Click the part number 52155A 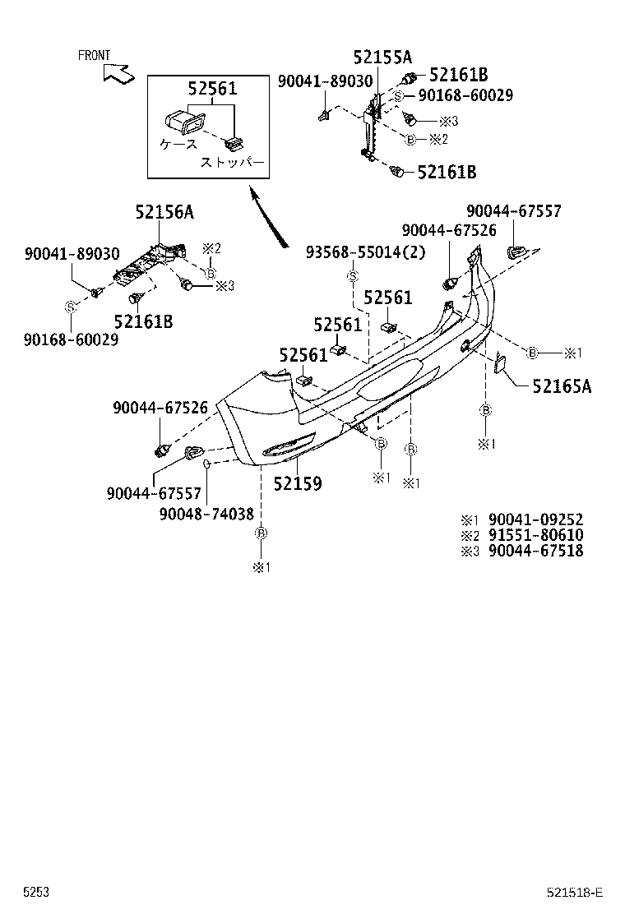[382, 57]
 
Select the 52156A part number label [164, 213]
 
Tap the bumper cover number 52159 [298, 483]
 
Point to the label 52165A [562, 385]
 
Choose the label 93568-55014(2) [366, 252]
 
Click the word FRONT [94, 56]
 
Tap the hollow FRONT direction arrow [118, 73]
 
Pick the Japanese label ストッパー [233, 163]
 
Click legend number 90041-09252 [535, 519]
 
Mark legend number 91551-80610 [535, 535]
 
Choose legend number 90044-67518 [535, 551]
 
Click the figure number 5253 [35, 892]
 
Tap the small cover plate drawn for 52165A [499, 364]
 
